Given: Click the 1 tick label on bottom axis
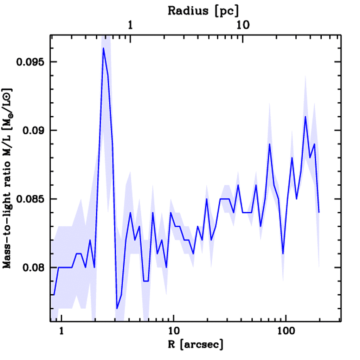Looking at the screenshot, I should click(x=62, y=332).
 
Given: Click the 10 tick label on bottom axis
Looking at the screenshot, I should click(x=173, y=332).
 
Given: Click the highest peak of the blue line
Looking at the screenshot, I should click(x=103, y=48).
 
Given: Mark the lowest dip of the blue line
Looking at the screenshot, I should click(x=117, y=309).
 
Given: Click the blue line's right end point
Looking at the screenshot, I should click(x=319, y=212).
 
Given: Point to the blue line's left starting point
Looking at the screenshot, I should click(x=51, y=295).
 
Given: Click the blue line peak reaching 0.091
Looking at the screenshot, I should click(x=306, y=116).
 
